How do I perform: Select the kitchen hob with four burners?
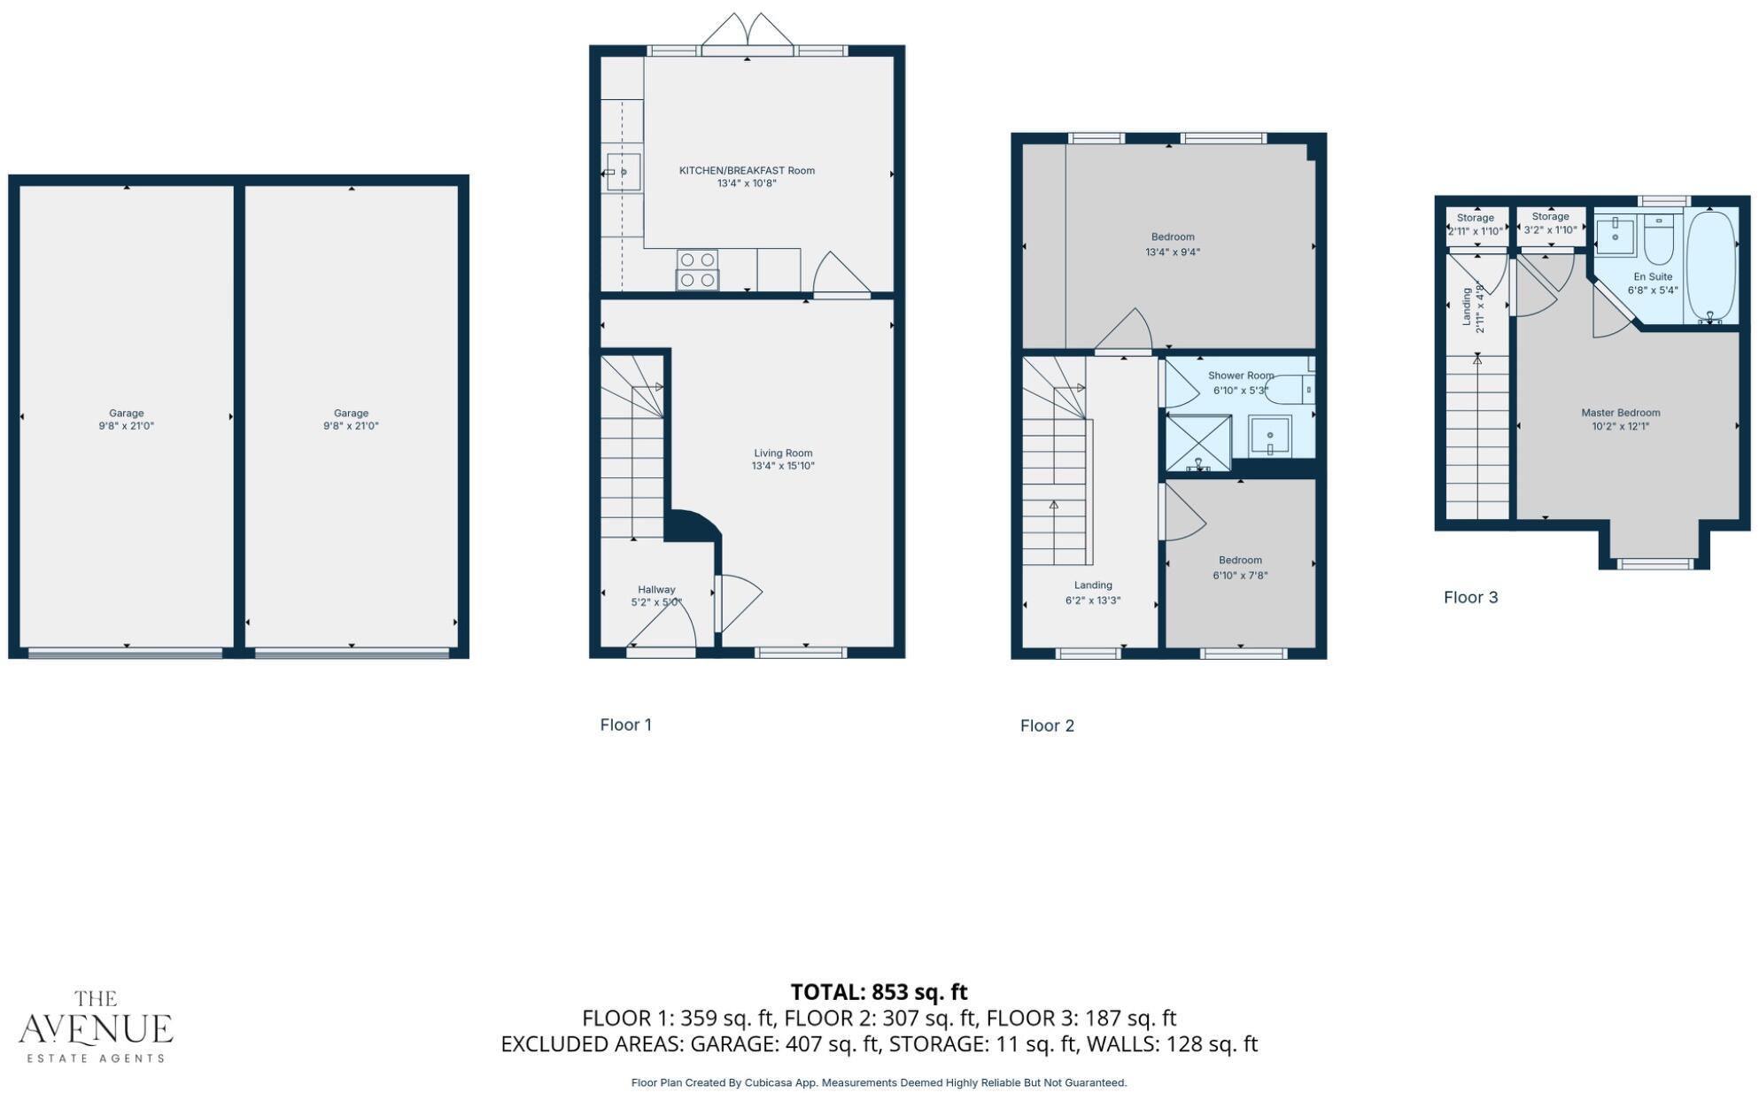point(697,270)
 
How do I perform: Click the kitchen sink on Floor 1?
point(624,172)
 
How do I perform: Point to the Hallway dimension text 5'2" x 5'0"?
point(656,602)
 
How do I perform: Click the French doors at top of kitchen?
point(748,34)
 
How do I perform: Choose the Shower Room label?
point(1240,376)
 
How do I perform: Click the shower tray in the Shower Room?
point(1198,442)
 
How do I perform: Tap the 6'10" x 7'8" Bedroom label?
point(1240,568)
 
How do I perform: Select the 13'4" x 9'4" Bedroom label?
point(1173,244)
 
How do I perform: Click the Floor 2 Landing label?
point(1093,585)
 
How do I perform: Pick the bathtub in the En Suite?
point(1710,266)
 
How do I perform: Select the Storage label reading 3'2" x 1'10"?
point(1550,223)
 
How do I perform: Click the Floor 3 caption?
point(1470,598)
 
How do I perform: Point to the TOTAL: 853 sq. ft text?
point(879,992)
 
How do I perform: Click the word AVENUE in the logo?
point(96,1029)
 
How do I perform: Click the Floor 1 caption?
point(625,725)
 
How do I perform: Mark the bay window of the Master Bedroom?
point(1654,563)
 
